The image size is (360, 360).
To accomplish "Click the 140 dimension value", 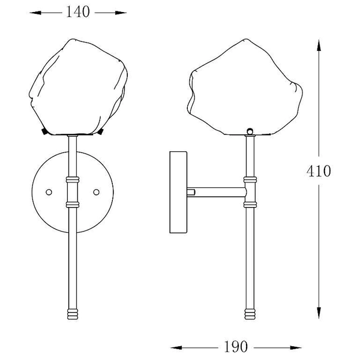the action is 77,12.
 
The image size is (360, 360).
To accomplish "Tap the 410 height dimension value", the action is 319,171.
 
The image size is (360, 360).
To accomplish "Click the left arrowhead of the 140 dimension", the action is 35,13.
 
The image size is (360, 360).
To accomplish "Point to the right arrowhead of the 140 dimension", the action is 121,13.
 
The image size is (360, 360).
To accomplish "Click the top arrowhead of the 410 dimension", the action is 319,45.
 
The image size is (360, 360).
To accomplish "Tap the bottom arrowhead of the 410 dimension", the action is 319,313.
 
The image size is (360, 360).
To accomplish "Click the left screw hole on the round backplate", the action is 49,192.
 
